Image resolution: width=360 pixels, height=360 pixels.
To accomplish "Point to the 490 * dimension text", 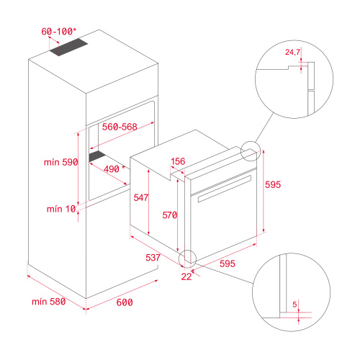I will click(x=112, y=168).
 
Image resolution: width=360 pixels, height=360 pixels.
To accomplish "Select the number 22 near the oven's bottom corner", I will click(x=186, y=276).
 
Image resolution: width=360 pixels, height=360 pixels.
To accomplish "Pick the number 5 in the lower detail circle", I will click(x=296, y=304).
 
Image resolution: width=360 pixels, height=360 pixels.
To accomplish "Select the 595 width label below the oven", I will click(x=228, y=264).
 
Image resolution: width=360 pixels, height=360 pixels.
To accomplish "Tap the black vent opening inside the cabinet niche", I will click(x=98, y=156).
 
